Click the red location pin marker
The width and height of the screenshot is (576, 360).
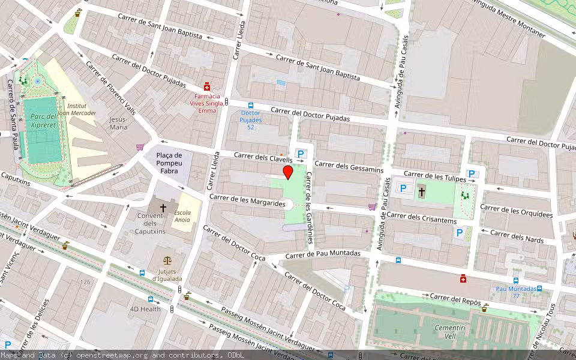[288, 173]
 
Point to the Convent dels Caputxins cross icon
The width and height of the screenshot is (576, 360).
[163, 208]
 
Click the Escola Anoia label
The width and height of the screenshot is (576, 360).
[182, 216]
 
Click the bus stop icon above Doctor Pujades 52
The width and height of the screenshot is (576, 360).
[250, 105]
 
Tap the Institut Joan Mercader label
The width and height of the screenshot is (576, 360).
[80, 109]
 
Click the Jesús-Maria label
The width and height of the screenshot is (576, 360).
[118, 123]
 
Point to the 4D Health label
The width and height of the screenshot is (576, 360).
[145, 309]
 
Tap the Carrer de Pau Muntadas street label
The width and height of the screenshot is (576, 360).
[323, 254]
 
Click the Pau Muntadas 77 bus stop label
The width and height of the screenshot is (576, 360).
[516, 292]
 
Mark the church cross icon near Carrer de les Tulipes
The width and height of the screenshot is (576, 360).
[422, 192]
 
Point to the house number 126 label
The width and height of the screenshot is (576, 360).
[86, 281]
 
